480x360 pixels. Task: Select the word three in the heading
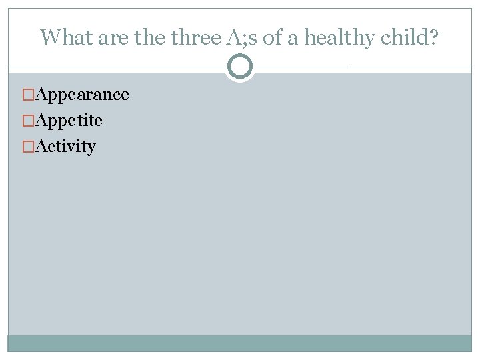197,37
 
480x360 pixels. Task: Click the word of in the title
273,37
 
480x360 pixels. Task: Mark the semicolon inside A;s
244,39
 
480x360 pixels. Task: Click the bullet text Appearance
82,95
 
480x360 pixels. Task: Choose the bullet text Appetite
69,121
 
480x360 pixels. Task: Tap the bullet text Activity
65,147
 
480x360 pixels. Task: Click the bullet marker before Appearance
29,95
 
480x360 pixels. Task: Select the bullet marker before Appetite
29,121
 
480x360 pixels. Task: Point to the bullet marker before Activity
29,147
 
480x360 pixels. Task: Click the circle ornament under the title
240,67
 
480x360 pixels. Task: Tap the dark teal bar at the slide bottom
240,343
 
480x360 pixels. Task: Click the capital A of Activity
41,146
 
